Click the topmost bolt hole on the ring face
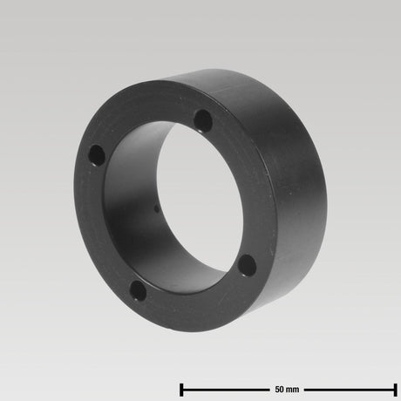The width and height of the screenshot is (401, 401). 203,120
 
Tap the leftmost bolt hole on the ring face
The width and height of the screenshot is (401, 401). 97,156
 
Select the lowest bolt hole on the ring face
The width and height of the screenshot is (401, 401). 138,290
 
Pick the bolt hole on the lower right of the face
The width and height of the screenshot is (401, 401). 248,266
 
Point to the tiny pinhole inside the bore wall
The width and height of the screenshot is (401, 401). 157,209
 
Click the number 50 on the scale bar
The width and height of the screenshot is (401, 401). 279,390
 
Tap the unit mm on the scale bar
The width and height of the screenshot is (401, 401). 292,390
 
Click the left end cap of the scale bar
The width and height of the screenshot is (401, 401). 181,390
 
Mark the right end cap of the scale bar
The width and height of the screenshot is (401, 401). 395,390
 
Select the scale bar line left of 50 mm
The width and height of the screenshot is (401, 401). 226,390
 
